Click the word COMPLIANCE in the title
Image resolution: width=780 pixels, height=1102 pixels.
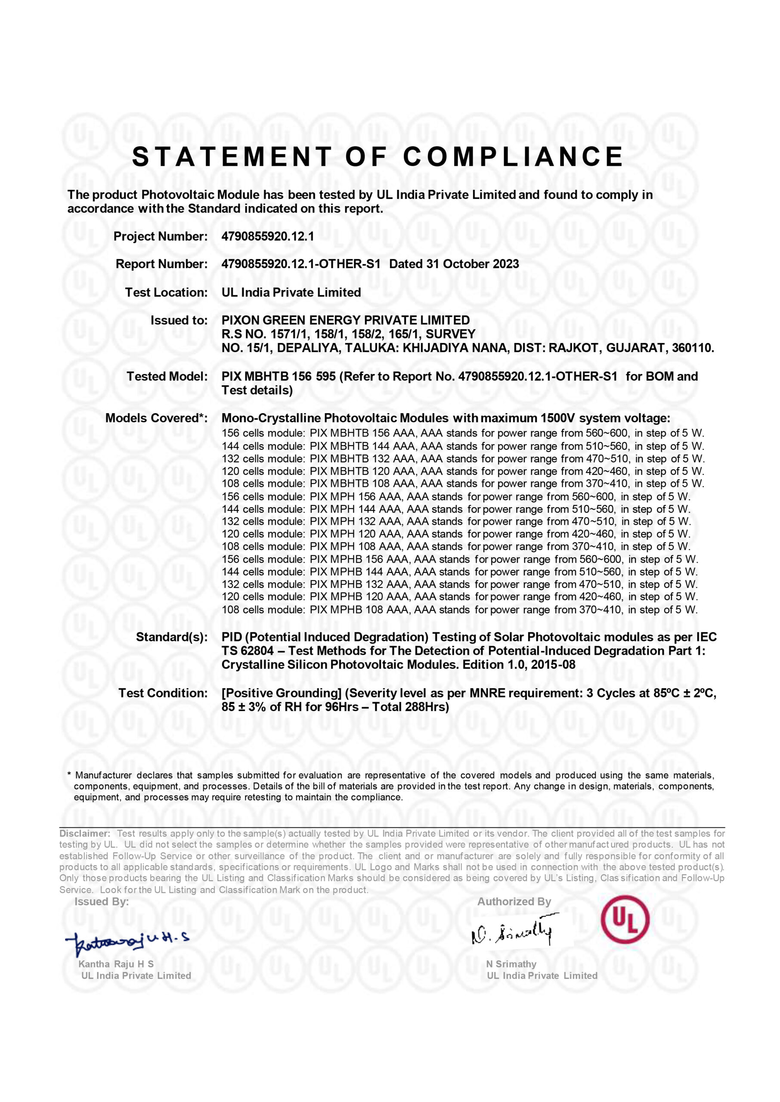[x=513, y=157]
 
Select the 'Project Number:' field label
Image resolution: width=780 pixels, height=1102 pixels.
[x=161, y=236]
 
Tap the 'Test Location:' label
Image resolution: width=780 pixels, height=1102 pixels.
[x=166, y=292]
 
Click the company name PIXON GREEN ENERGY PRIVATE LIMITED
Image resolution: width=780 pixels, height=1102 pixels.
[x=345, y=320]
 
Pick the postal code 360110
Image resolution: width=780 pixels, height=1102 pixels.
[x=693, y=348]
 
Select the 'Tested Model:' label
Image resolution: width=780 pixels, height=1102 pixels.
[x=167, y=377]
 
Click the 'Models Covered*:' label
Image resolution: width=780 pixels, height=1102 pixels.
[x=156, y=418]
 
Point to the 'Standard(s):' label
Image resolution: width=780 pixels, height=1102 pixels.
[x=171, y=637]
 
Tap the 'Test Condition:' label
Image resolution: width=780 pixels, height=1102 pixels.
[x=163, y=693]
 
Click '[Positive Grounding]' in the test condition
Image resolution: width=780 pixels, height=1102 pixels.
[x=282, y=693]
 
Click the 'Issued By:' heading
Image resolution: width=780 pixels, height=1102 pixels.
[x=101, y=902]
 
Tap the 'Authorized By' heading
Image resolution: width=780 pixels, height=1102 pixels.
[x=514, y=902]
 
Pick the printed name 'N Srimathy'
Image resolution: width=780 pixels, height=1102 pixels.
[x=511, y=964]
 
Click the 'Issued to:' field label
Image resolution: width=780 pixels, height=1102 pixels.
[x=179, y=320]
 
